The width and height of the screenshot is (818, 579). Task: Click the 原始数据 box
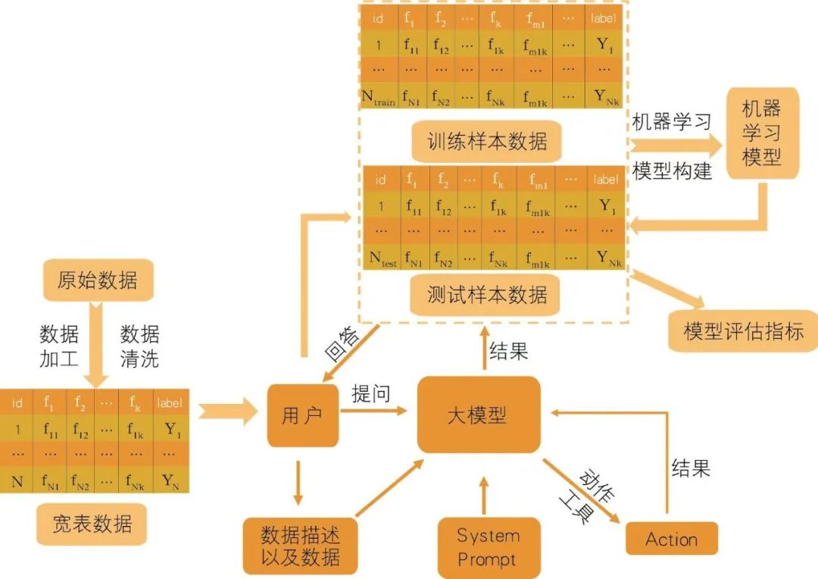tap(98, 280)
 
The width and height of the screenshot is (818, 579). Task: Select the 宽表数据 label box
tap(92, 524)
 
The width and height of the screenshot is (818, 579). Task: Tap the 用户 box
tap(302, 415)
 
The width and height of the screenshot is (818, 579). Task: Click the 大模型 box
tap(479, 415)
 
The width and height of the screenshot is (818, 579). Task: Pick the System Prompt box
tap(489, 547)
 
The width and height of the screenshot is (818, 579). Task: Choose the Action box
tap(671, 538)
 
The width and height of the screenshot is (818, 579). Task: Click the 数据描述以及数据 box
tap(300, 546)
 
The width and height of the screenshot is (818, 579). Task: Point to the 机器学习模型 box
tap(762, 133)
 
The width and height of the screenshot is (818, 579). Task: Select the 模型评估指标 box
tap(744, 331)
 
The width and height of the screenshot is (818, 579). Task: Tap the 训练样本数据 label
tap(487, 142)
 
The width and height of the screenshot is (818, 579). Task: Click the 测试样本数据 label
tap(485, 295)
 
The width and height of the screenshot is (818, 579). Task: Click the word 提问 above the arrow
tap(371, 393)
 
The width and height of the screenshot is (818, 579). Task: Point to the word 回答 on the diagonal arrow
tap(342, 345)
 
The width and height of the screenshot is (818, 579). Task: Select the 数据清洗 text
tap(139, 346)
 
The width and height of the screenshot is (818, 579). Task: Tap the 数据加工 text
tap(59, 346)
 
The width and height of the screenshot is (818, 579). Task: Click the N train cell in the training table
tap(378, 97)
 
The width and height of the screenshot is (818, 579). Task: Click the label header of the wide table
tap(170, 402)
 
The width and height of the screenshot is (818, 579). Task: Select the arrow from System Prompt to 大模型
tap(483, 496)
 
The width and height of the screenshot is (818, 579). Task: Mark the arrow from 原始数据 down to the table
tap(95, 345)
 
